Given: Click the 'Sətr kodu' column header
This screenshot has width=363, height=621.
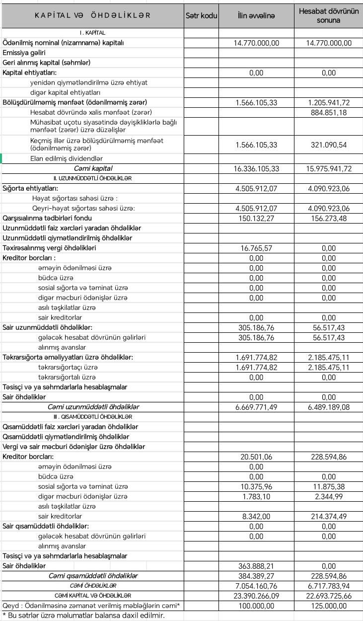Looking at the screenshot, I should [201, 16].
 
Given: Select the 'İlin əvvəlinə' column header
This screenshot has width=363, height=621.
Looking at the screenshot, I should [256, 16].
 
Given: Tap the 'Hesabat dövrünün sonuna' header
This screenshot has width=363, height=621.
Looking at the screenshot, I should [329, 16].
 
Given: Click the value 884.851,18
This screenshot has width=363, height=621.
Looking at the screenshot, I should [329, 112].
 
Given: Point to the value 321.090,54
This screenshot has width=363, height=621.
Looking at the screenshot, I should [329, 145].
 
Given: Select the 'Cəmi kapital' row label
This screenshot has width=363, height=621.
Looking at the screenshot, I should [93, 168].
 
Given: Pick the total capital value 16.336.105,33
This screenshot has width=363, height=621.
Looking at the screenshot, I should [256, 168].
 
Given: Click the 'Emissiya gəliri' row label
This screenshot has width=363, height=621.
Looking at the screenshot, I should [24, 53].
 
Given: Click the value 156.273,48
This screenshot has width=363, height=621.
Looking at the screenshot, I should [329, 218].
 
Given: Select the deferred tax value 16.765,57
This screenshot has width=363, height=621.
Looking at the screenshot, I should [256, 248].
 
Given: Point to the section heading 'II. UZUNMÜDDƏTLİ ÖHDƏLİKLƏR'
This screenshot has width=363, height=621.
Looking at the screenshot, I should [93, 178].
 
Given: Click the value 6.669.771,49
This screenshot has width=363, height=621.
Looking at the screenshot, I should [256, 407].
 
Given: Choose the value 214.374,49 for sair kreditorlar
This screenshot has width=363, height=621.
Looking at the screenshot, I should [329, 517].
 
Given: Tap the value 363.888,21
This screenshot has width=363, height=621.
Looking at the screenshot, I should [256, 566].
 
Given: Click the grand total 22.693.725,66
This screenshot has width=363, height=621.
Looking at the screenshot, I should [329, 596].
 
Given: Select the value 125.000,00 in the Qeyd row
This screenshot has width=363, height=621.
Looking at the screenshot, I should [329, 606].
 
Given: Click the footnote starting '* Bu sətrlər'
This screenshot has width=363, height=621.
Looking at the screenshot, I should [83, 616].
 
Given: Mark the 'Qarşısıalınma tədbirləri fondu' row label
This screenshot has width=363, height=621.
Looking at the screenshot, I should [47, 218].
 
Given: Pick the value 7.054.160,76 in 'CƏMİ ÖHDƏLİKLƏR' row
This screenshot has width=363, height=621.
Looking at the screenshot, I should [256, 586].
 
